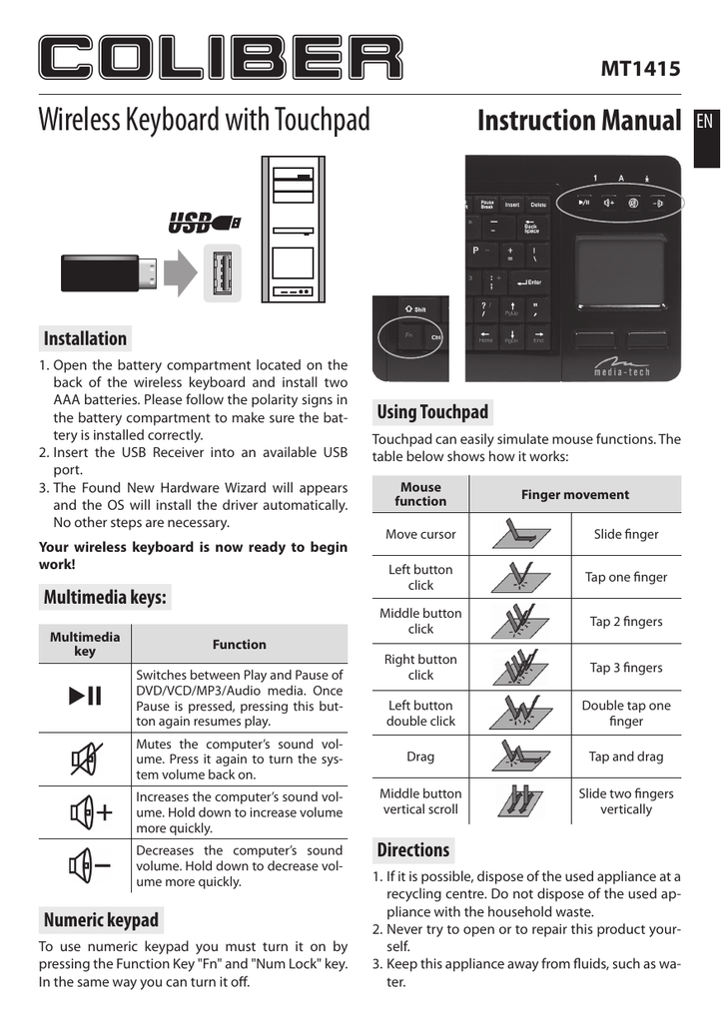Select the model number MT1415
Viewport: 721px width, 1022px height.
click(640, 69)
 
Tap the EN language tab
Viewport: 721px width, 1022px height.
click(704, 122)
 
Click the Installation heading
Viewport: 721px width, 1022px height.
click(85, 338)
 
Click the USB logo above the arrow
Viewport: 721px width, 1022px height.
click(203, 222)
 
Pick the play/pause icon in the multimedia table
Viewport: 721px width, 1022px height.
click(85, 697)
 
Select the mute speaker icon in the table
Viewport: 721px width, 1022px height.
click(85, 761)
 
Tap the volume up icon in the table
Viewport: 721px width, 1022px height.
click(87, 812)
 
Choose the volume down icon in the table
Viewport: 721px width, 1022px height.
click(87, 865)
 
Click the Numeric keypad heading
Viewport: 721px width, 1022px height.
click(101, 919)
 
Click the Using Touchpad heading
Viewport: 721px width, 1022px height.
click(432, 412)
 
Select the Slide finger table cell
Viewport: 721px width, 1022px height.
click(626, 534)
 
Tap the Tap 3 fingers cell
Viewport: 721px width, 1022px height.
click(626, 668)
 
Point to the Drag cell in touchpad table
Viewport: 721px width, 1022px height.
click(420, 757)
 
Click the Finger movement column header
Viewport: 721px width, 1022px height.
click(575, 495)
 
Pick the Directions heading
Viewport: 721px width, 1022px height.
click(413, 850)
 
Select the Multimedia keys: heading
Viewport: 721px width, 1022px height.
click(105, 598)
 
